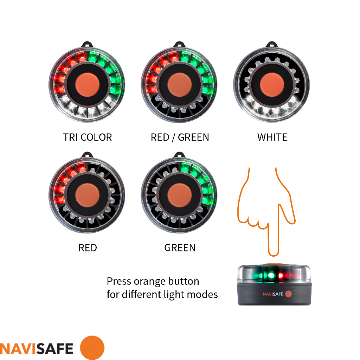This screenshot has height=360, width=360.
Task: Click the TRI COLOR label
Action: tap(88, 137)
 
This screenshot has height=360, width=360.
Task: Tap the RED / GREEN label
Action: tap(180, 137)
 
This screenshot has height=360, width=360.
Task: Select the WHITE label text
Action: tap(272, 137)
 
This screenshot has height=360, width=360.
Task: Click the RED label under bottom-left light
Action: tap(88, 248)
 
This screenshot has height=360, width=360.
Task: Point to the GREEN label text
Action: tap(180, 248)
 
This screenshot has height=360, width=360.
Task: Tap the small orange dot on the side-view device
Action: tap(288, 294)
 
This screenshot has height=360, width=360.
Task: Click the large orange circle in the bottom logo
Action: tap(92, 348)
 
